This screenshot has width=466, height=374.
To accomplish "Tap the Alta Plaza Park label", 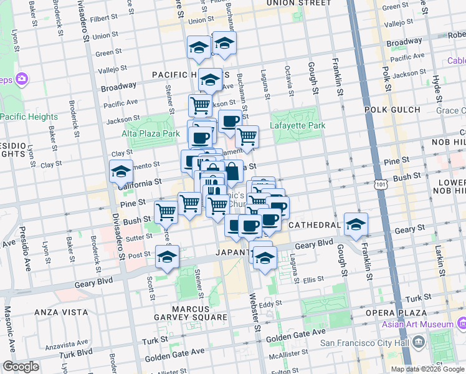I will [150, 133].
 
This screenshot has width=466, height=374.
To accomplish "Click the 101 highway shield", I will [380, 185].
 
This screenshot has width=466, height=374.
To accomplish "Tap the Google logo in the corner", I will [21, 367].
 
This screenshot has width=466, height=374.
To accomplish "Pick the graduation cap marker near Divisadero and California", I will [121, 172].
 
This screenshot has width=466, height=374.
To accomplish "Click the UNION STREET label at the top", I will [298, 3].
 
